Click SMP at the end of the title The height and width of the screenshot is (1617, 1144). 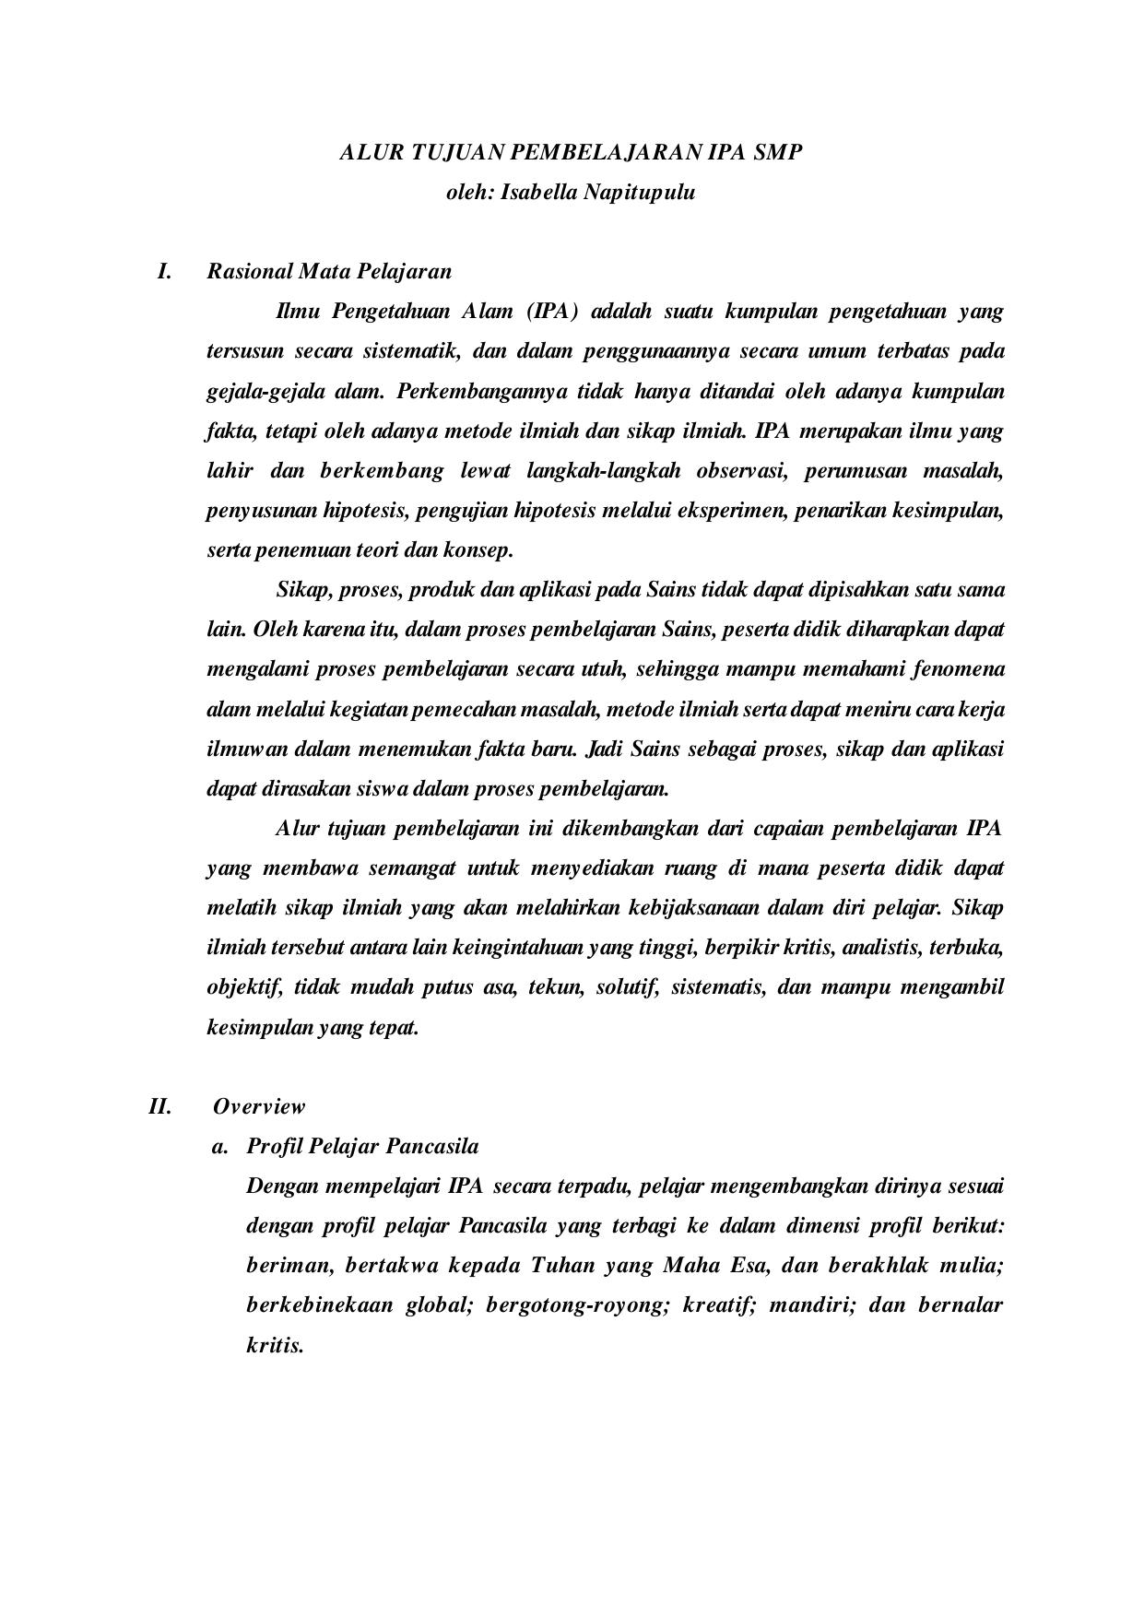pyautogui.click(x=778, y=152)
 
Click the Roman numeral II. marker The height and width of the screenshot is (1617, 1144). pyautogui.click(x=160, y=1106)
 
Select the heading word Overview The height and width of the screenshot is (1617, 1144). pyautogui.click(x=259, y=1106)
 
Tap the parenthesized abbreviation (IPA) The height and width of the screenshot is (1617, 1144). pyautogui.click(x=552, y=312)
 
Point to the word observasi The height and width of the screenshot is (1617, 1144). pyautogui.click(x=739, y=471)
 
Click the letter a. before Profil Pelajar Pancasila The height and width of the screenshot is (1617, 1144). pyautogui.click(x=219, y=1147)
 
